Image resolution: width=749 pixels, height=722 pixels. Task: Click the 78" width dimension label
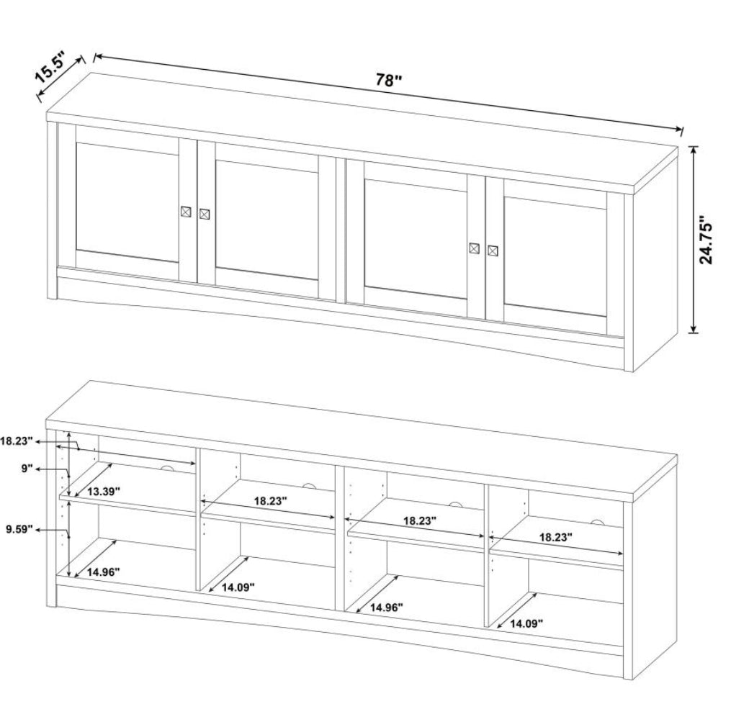pos(388,80)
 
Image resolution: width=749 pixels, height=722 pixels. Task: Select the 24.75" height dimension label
pos(706,240)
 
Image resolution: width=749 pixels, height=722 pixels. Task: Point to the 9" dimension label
pos(26,469)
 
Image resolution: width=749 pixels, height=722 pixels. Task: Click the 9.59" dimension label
pos(19,529)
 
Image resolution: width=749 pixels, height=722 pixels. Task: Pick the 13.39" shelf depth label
pos(103,491)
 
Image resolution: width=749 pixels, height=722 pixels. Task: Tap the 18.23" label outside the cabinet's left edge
pos(16,441)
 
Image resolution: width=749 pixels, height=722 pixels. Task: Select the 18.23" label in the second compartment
pos(270,501)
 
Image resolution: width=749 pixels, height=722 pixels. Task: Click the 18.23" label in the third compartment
pos(420,520)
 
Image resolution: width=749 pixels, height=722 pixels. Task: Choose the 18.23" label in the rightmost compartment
pos(556,537)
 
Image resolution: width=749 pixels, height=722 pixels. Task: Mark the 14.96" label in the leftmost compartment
pos(103,572)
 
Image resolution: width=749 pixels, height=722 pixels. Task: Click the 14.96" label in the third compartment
pos(387,608)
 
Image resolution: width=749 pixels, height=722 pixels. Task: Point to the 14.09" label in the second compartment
pos(238,587)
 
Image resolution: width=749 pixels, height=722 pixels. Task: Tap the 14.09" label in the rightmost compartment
pos(526,623)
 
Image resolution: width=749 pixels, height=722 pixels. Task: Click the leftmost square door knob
pos(186,212)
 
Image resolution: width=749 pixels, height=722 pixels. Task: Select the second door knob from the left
pos(204,214)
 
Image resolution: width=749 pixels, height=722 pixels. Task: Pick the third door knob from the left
pos(474,248)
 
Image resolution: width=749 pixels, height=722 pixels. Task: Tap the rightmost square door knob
pos(493,251)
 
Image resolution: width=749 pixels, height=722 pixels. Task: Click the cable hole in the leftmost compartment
pos(167,469)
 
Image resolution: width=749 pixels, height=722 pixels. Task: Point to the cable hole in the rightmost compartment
pos(596,521)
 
